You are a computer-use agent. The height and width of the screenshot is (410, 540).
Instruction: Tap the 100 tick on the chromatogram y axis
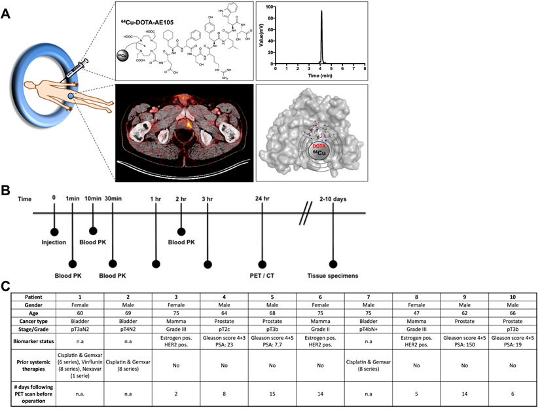[x=270, y=7]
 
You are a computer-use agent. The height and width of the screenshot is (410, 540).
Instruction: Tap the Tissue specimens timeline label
[x=334, y=276]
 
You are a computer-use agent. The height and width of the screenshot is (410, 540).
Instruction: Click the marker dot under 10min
[x=92, y=231]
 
